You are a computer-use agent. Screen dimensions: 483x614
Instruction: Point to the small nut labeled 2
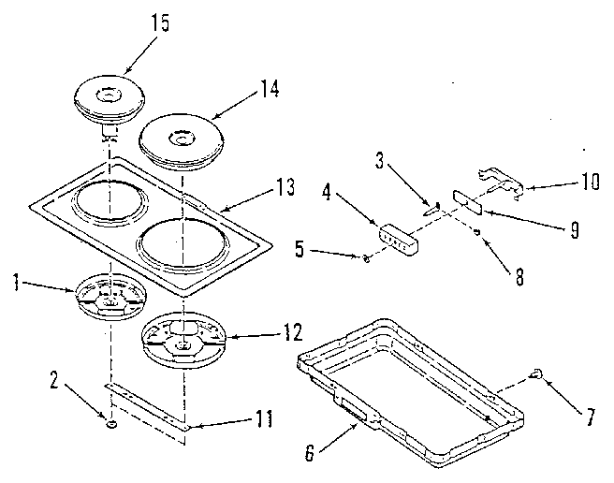point(111,423)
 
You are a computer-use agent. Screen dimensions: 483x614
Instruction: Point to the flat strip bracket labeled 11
point(150,402)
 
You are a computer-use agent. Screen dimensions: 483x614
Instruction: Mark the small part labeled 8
point(477,231)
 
